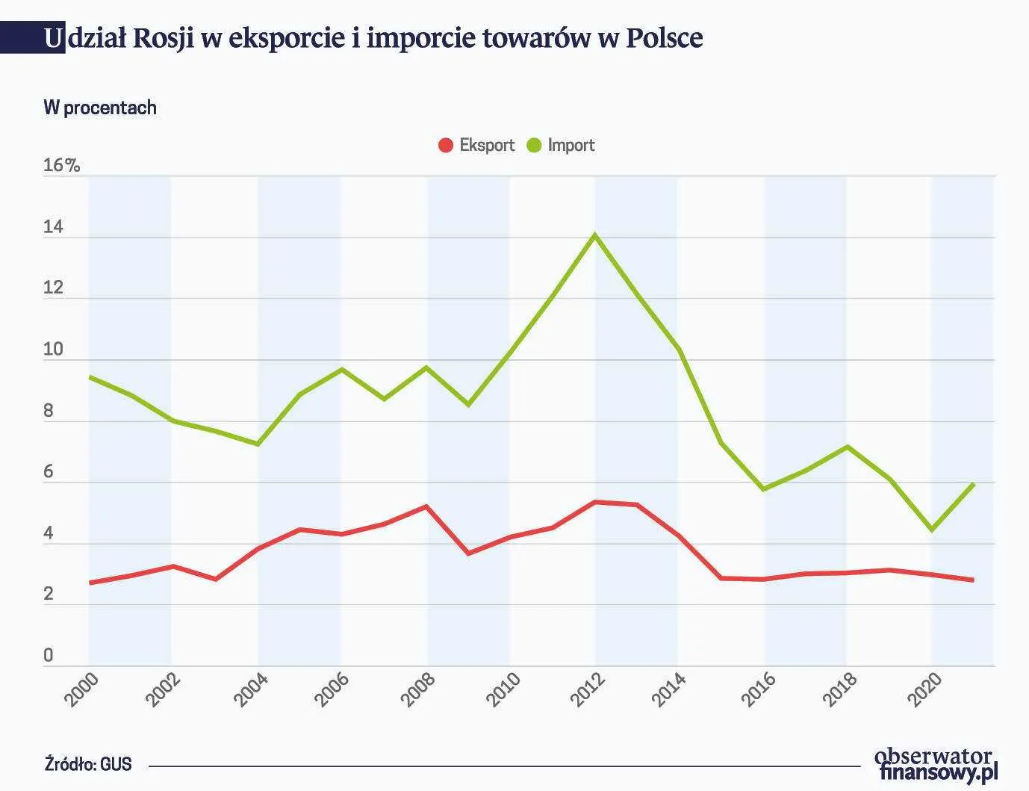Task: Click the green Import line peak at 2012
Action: click(595, 235)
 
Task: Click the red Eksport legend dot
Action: click(446, 146)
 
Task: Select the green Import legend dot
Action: click(534, 146)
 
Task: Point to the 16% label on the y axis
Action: click(61, 165)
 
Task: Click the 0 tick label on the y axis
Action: click(49, 656)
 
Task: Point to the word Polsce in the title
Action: click(664, 37)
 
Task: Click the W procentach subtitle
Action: click(100, 108)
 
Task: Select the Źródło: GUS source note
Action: click(88, 764)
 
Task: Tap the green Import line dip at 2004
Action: click(258, 444)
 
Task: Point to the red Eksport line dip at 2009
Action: click(468, 553)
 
